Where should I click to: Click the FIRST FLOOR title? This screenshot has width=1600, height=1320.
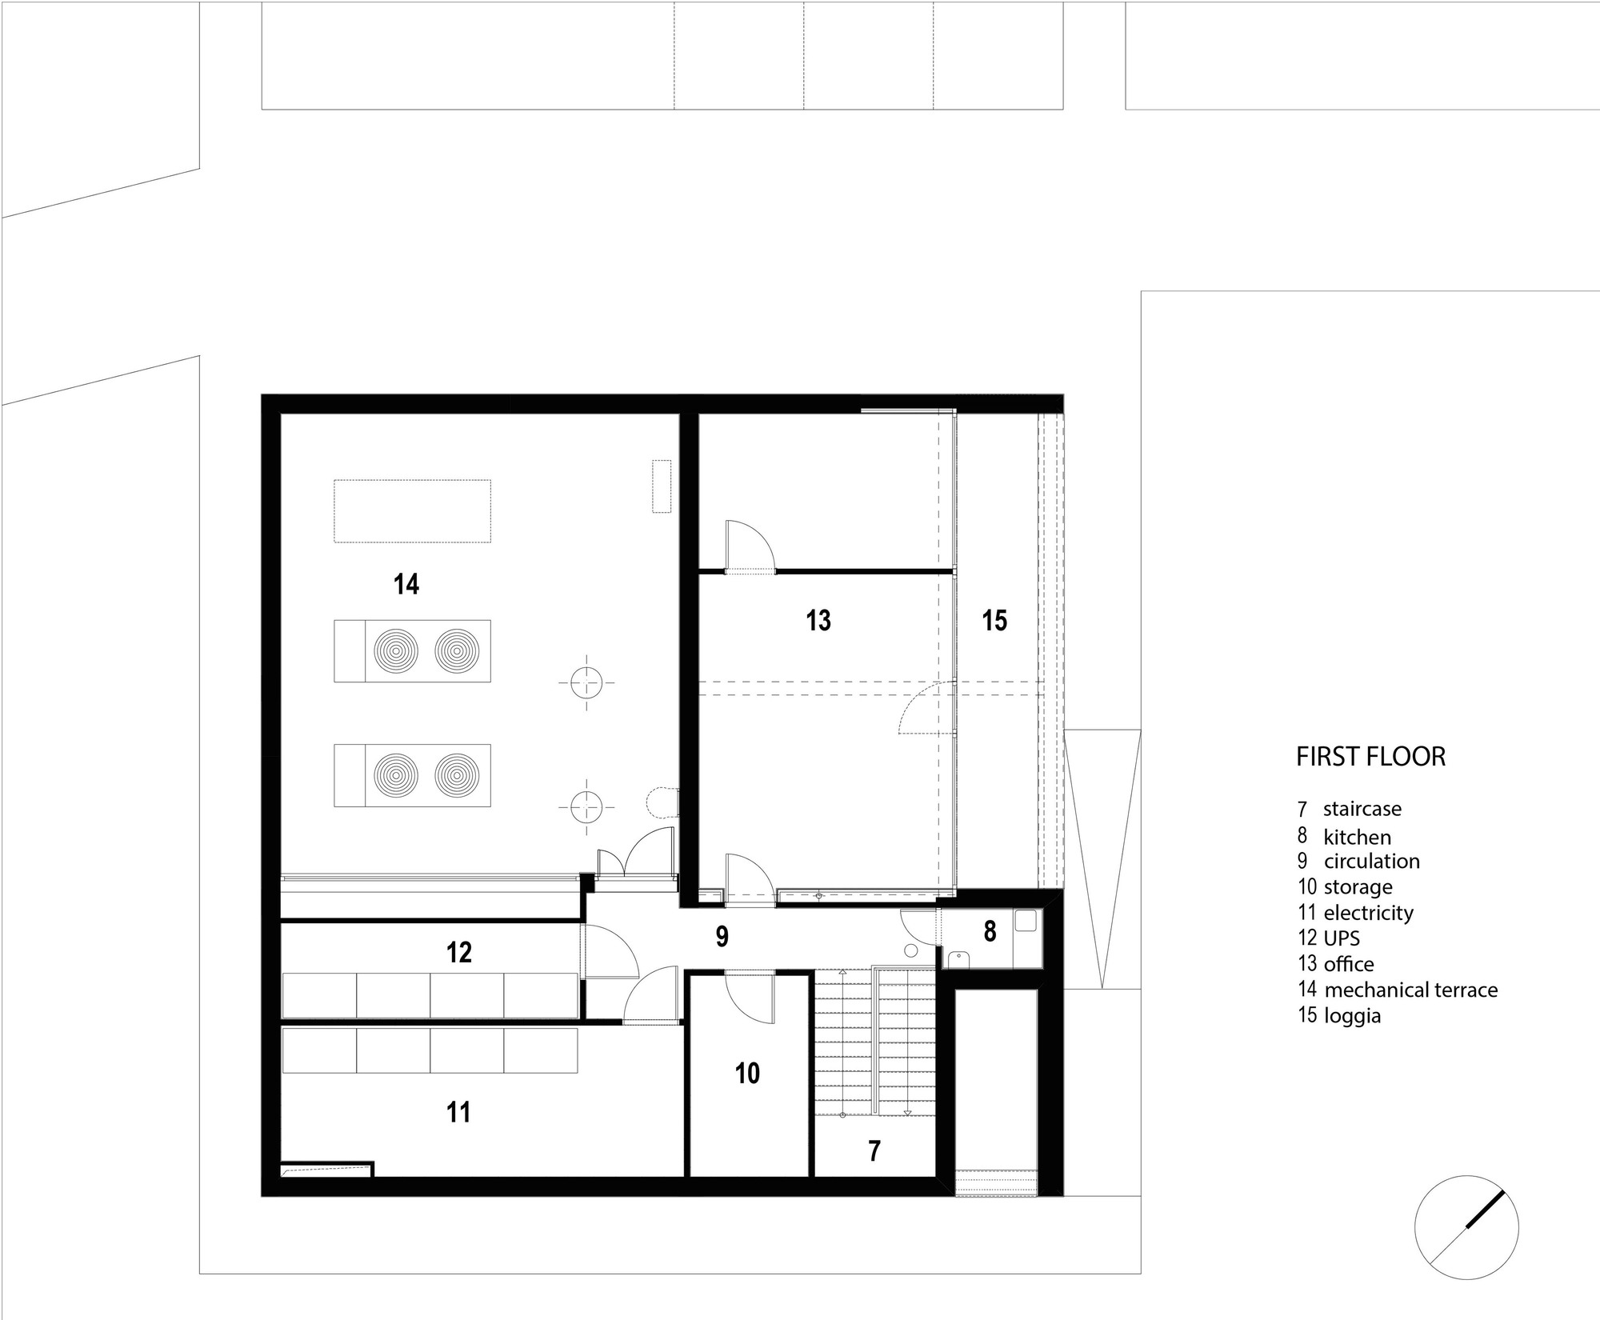click(1370, 757)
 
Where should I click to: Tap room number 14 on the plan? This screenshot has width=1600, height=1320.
click(406, 585)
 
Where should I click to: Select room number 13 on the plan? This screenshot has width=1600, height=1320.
click(818, 620)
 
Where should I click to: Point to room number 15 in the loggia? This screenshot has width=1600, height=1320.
click(994, 620)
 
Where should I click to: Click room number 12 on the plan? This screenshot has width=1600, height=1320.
click(459, 952)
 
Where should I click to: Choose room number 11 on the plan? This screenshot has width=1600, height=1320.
click(458, 1112)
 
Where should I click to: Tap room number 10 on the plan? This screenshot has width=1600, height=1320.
click(747, 1074)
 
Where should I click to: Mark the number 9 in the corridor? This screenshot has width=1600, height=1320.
click(722, 937)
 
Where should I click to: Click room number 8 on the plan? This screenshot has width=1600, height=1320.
click(990, 931)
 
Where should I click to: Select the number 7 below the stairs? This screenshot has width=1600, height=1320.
click(874, 1151)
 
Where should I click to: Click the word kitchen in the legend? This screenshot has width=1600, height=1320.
click(1358, 838)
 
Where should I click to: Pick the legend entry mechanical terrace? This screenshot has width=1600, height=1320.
click(1411, 990)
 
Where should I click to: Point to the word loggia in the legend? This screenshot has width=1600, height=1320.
click(1353, 1017)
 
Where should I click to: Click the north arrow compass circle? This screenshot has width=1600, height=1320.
click(1466, 1227)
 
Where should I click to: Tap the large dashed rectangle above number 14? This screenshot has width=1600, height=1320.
click(412, 511)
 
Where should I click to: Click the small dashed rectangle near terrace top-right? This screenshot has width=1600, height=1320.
click(662, 486)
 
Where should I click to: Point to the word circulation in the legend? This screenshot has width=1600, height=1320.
click(1372, 862)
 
